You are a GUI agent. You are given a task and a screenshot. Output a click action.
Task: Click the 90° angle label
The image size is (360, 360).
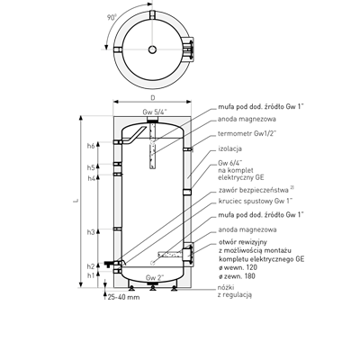point(112,18)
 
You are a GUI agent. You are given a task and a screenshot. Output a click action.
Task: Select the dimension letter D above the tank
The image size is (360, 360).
point(153,98)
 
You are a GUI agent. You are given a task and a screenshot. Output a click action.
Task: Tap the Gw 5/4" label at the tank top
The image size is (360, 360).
point(155,112)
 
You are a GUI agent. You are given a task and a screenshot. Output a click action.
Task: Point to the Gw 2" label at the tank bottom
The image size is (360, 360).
point(155,277)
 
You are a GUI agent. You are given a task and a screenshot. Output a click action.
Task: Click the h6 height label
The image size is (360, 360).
point(91,146)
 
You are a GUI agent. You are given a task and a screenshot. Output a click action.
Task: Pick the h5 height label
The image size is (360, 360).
point(91,167)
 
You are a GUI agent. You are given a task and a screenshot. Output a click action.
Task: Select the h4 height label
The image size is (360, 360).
point(91,178)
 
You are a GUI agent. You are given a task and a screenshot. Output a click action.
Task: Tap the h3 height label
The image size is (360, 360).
point(91,232)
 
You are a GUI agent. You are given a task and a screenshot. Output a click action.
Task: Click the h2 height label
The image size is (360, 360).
point(91,266)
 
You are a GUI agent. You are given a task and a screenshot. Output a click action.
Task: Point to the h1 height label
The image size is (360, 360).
point(91,275)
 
